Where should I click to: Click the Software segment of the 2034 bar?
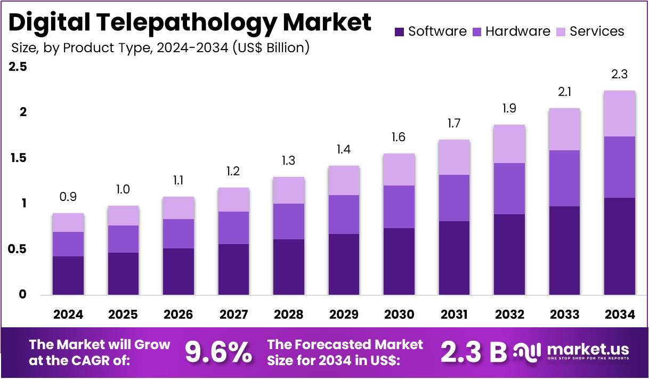click(619, 246)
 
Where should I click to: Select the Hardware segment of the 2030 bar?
click(399, 207)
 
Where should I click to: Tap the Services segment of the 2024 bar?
click(68, 222)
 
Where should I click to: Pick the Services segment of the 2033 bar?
click(564, 129)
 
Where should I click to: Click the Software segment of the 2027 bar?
click(233, 269)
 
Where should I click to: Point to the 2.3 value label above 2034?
click(619, 75)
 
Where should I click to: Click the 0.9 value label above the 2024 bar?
click(68, 197)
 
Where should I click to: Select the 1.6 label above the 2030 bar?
click(399, 137)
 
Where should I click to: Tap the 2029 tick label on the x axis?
click(344, 315)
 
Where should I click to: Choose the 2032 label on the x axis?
click(509, 315)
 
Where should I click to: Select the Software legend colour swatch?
click(399, 32)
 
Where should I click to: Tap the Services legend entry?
click(597, 31)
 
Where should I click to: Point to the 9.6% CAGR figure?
click(218, 352)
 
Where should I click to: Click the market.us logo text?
click(588, 349)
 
